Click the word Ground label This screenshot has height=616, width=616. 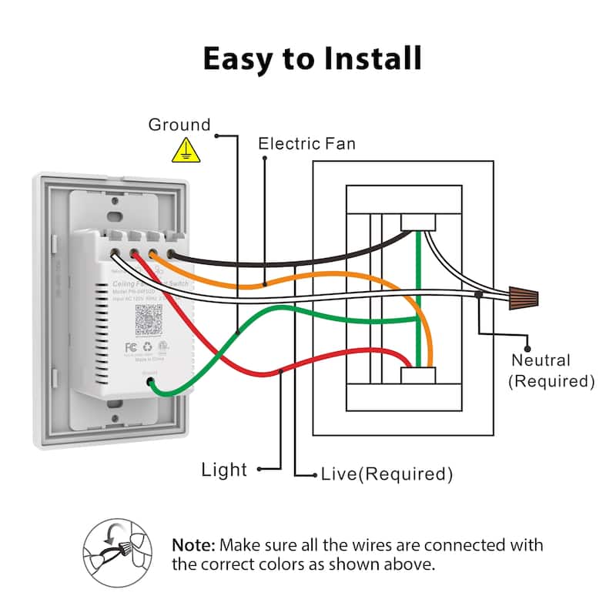click(179, 125)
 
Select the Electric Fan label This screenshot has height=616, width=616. click(306, 143)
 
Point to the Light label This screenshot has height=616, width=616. click(224, 469)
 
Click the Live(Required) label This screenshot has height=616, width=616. click(386, 474)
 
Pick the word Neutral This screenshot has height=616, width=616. click(541, 360)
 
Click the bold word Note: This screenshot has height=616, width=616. click(193, 545)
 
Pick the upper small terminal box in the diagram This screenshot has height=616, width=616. click(417, 221)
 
